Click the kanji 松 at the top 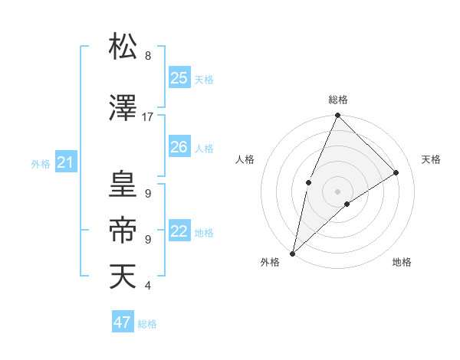(x=123, y=47)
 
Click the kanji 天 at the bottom (x=123, y=276)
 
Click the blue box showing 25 (x=179, y=78)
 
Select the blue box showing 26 (x=179, y=147)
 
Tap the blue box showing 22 (x=179, y=231)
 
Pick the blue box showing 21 (x=65, y=162)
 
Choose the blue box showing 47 (x=123, y=322)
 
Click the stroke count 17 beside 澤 (x=147, y=117)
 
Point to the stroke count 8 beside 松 (x=147, y=56)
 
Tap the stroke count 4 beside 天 (x=147, y=286)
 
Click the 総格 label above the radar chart (x=337, y=100)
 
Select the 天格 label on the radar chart (x=431, y=159)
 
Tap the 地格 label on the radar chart (x=402, y=262)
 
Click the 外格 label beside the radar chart (x=270, y=262)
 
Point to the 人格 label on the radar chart (x=245, y=159)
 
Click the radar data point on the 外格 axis (x=292, y=253)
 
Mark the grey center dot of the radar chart (x=337, y=191)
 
